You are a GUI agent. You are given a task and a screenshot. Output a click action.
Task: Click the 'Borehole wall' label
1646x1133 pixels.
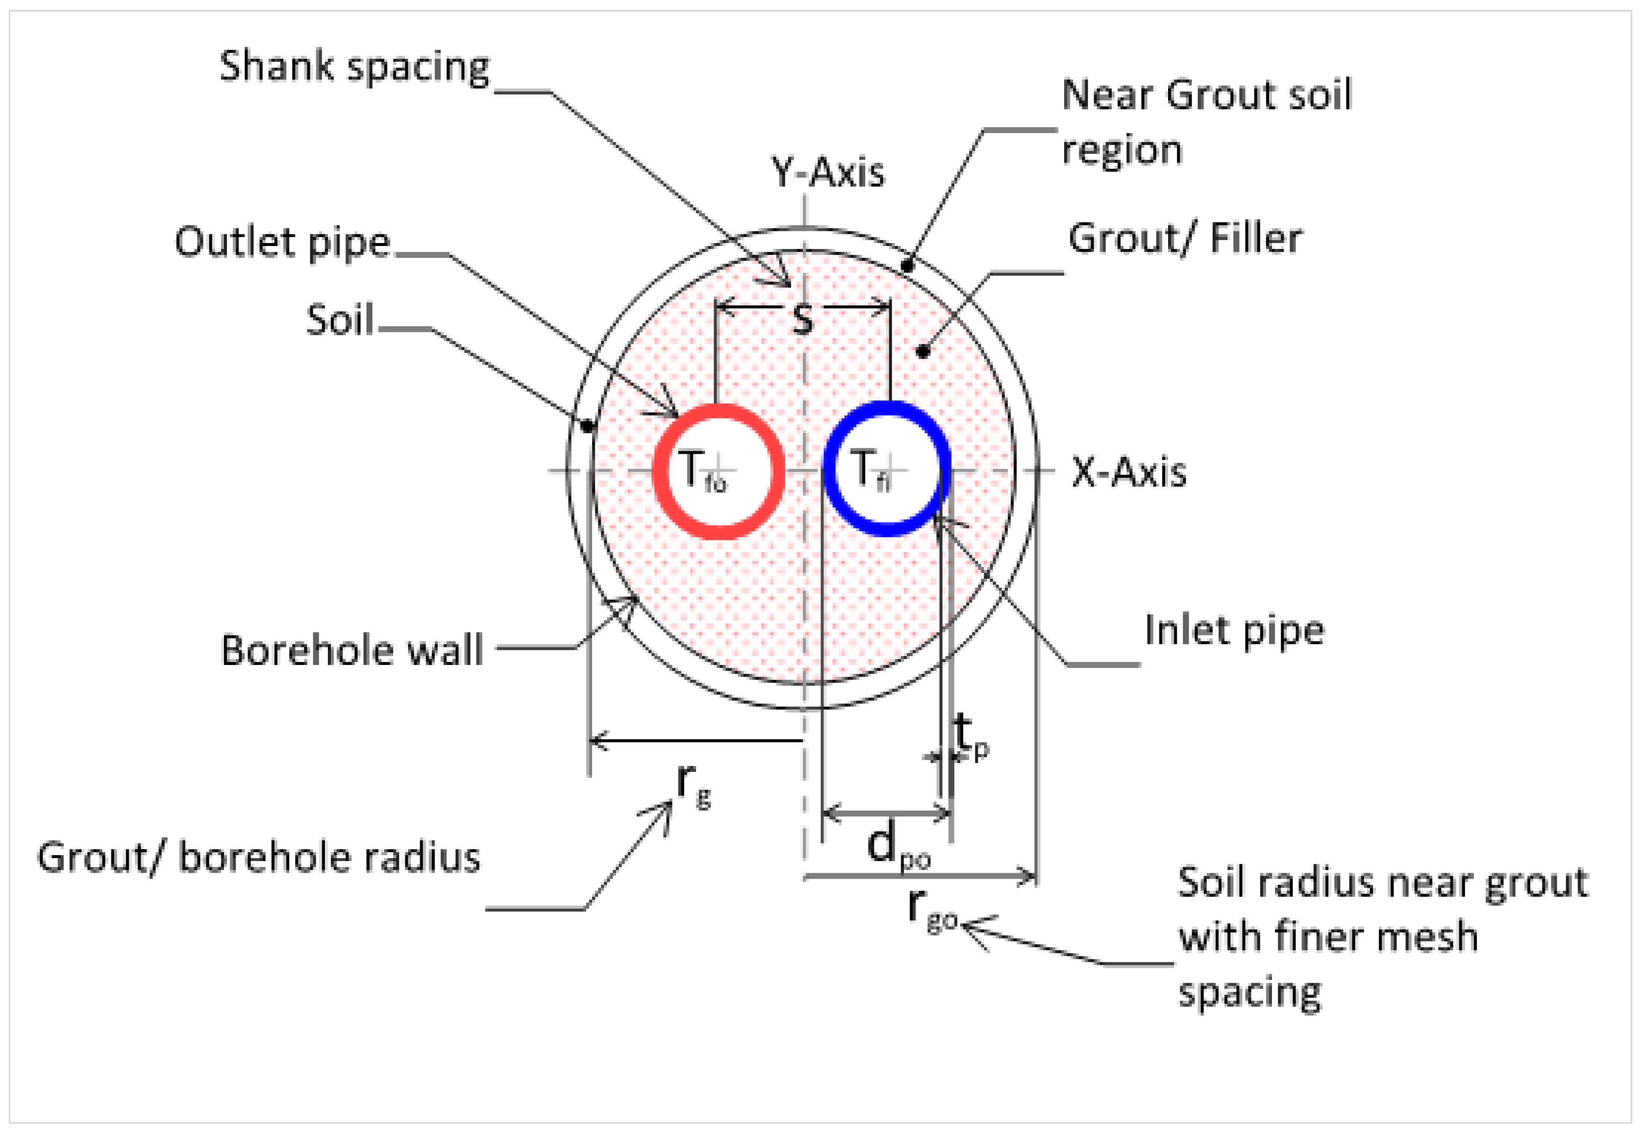352,650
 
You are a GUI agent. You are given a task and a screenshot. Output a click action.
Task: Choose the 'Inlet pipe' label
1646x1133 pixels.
1234,630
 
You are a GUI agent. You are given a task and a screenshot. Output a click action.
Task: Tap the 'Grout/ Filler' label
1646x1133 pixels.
1184,239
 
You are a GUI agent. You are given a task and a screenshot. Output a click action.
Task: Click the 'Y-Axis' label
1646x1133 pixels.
828,172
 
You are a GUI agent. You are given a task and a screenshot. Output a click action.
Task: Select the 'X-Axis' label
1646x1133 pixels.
1128,472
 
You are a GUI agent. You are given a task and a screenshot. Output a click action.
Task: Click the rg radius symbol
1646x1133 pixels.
692,787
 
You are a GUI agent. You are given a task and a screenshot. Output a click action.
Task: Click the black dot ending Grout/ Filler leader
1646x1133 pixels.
923,351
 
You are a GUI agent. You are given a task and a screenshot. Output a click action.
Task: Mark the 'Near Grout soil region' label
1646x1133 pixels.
1206,122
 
